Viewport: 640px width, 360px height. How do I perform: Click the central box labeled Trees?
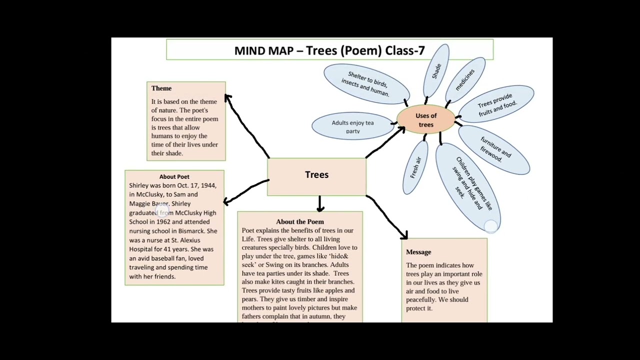tap(316, 175)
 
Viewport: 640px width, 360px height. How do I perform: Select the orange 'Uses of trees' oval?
tap(426, 120)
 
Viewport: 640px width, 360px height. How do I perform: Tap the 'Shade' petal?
tap(436, 70)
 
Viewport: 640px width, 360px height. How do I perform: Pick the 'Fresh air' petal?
tap(415, 167)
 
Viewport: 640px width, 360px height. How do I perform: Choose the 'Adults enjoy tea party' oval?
tap(352, 126)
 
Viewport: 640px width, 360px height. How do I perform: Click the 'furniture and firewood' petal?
tap(494, 149)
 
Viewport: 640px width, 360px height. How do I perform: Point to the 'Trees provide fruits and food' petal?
tap(496, 104)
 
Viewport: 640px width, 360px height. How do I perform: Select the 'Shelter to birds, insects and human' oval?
tap(366, 83)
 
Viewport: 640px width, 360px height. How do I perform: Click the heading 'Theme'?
tap(161, 88)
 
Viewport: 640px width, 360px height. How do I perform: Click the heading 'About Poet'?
tap(174, 176)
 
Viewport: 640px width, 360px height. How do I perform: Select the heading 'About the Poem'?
tap(299, 221)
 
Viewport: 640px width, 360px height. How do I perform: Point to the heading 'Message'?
tap(418, 252)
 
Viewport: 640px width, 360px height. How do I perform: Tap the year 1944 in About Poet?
tap(208, 185)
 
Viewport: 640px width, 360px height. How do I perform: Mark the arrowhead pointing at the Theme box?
tap(227, 97)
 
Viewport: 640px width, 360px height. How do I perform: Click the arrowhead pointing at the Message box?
tap(404, 234)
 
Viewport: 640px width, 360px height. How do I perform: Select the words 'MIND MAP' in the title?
tap(263, 50)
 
